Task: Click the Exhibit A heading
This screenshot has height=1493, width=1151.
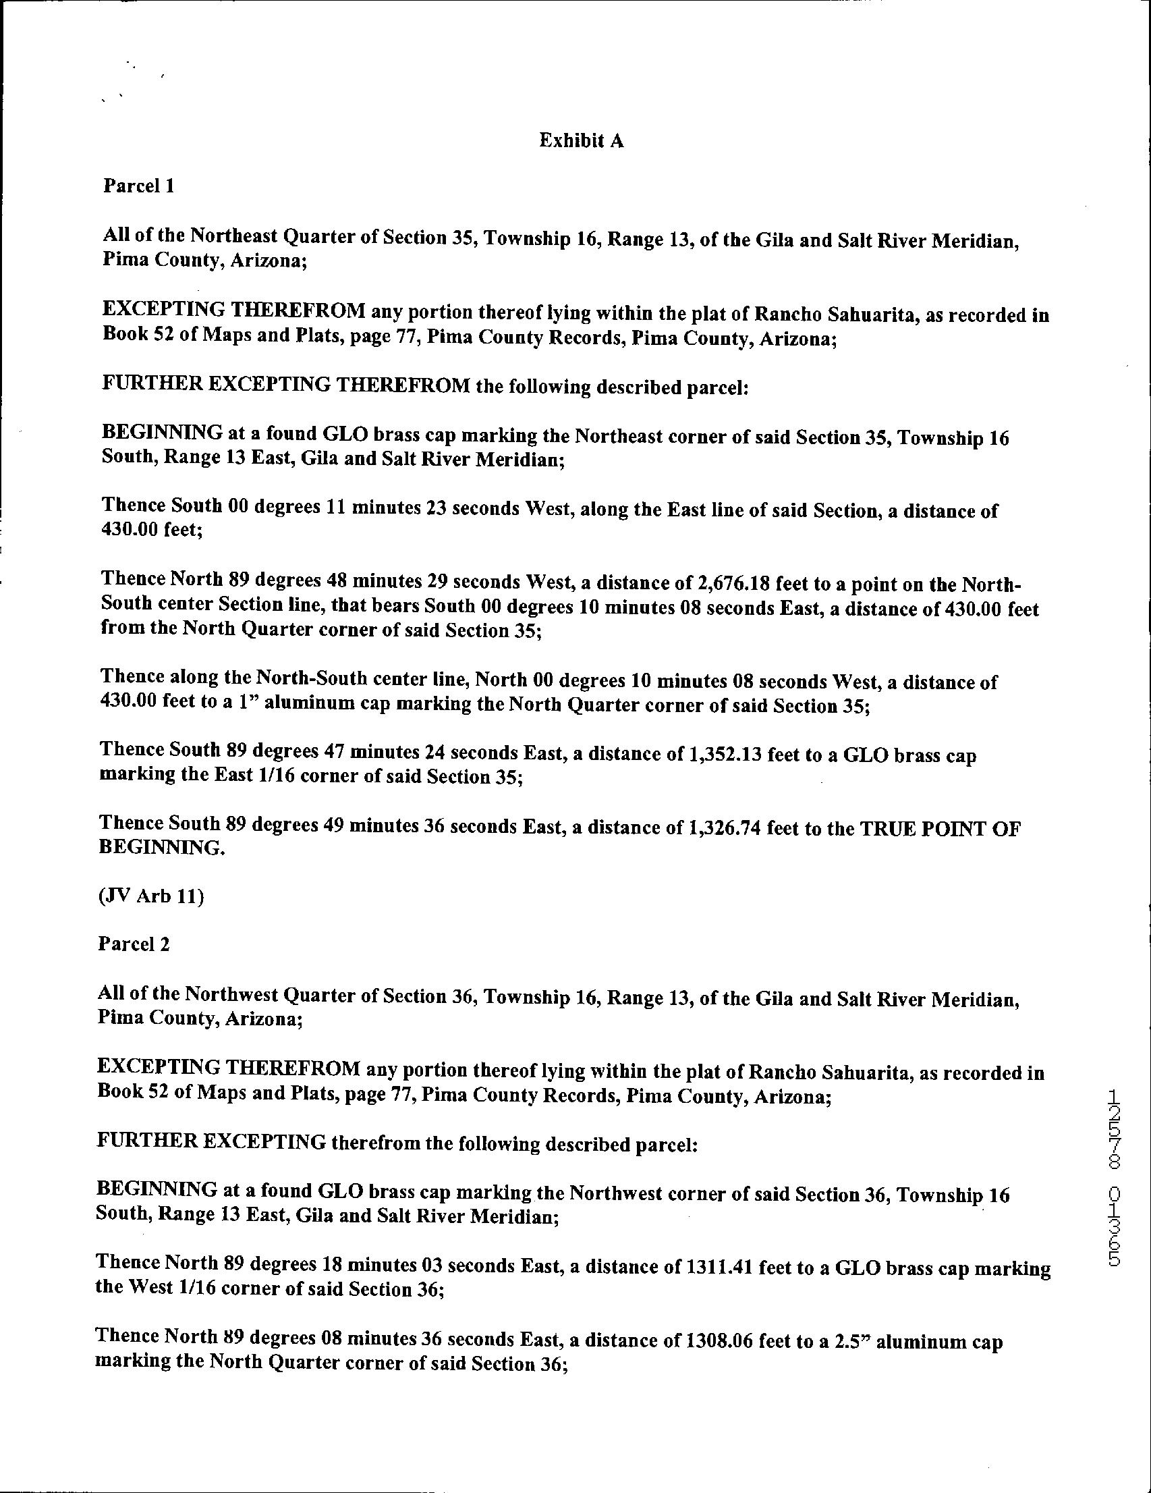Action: tap(581, 141)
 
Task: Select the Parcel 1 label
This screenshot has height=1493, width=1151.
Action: tap(139, 186)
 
